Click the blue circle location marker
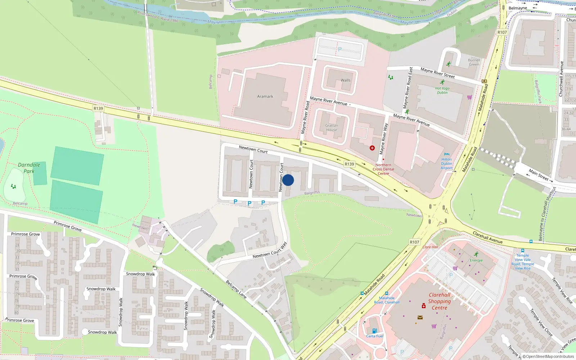point(288,180)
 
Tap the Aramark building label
point(265,96)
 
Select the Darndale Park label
point(29,168)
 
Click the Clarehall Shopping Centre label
point(440,301)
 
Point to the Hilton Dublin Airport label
point(446,163)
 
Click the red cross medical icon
point(372,148)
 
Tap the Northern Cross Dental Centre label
point(383,169)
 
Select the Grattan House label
point(332,128)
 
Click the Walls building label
point(346,80)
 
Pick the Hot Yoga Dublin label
point(442,90)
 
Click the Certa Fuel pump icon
point(374,331)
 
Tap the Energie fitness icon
point(476,255)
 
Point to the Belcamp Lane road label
point(236,289)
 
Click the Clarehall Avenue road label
point(488,238)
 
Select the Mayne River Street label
point(438,73)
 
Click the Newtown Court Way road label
point(270,251)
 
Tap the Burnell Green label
point(474,62)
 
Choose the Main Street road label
point(539,175)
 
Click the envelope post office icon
point(420,318)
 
